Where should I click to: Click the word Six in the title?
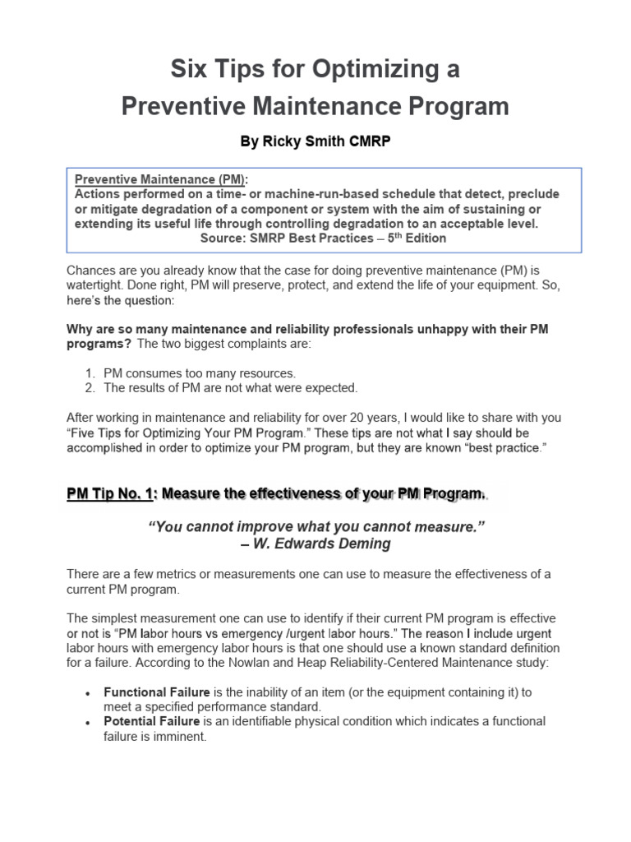189,70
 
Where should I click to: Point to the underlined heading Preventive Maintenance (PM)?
161,180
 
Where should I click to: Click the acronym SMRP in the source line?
267,238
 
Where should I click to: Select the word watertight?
94,285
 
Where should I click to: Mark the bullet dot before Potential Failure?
87,722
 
